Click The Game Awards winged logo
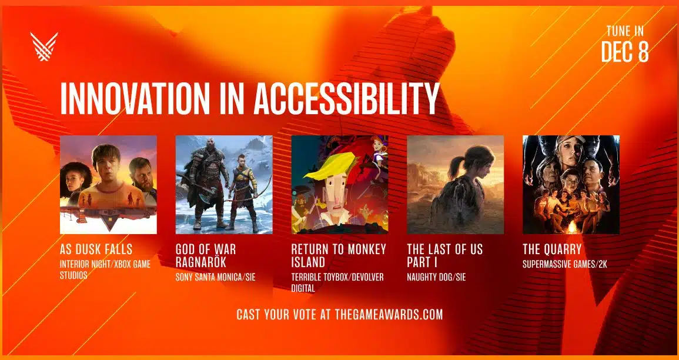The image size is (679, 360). click(x=44, y=46)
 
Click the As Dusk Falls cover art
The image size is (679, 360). click(x=108, y=185)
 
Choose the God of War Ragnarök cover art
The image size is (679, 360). click(x=224, y=185)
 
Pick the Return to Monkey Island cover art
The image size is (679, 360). click(x=340, y=185)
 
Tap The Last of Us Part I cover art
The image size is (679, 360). click(x=455, y=185)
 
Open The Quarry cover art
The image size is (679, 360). click(x=571, y=185)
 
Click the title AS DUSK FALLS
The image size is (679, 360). click(x=96, y=249)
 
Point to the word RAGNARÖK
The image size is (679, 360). click(x=202, y=262)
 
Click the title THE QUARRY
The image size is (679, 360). click(x=551, y=249)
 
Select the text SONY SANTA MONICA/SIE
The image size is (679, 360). click(x=215, y=277)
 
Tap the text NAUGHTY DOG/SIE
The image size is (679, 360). click(x=436, y=277)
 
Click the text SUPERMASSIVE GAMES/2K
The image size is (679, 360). click(x=565, y=264)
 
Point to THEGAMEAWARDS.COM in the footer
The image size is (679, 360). click(x=389, y=315)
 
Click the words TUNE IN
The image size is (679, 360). click(x=625, y=32)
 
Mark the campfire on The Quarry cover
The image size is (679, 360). click(x=572, y=226)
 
